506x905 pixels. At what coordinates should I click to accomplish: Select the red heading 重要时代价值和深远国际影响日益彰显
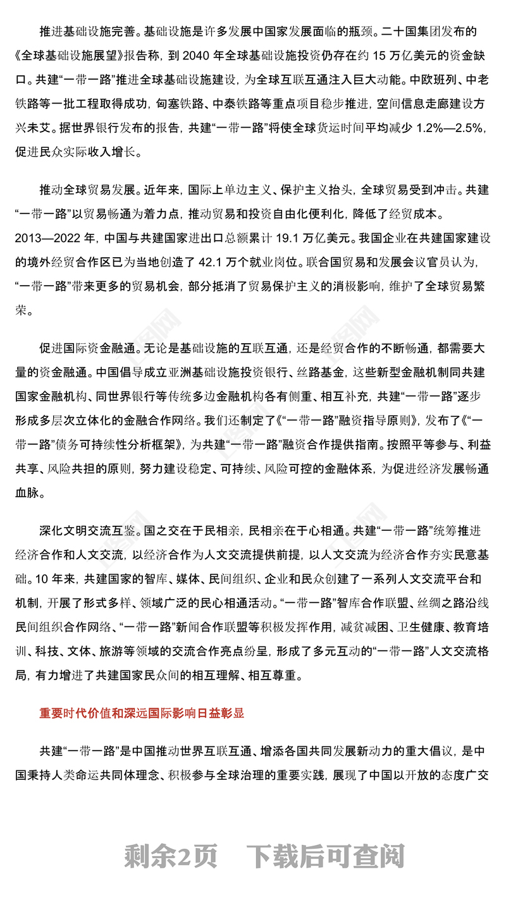point(142,713)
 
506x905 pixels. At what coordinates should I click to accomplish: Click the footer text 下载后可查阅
point(325,857)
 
